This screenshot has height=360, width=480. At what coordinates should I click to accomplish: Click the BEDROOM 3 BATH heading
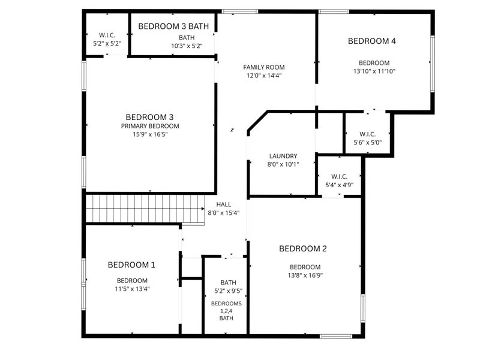(x=173, y=26)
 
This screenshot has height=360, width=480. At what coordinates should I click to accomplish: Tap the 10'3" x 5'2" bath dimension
(x=187, y=46)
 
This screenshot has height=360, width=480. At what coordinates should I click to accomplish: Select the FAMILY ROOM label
(x=264, y=67)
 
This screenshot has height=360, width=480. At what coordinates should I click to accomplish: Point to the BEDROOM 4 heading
(x=372, y=41)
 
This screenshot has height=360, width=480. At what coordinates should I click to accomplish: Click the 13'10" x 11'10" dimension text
(x=374, y=71)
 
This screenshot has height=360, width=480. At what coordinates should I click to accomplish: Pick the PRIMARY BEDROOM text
(x=150, y=126)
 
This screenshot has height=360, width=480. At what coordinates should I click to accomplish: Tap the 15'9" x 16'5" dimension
(x=150, y=134)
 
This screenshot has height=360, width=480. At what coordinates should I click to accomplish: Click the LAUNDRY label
(x=283, y=156)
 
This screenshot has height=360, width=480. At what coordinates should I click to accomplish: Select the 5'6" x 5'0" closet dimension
(x=368, y=142)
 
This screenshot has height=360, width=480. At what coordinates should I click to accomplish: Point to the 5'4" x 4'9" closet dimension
(x=339, y=185)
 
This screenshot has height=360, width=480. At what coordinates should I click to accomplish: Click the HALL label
(x=224, y=205)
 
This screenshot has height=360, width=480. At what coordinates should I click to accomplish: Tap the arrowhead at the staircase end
(x=203, y=209)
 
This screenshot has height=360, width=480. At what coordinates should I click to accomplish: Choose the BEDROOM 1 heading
(x=131, y=265)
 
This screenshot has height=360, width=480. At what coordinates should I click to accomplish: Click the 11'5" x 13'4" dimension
(x=132, y=289)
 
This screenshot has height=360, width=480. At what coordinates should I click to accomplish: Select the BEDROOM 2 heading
(x=303, y=248)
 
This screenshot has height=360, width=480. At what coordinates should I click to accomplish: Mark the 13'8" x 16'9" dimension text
(x=305, y=275)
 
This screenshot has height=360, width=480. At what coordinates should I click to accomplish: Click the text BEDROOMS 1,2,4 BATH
(x=226, y=311)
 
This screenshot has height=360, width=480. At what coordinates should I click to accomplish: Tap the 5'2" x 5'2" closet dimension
(x=107, y=43)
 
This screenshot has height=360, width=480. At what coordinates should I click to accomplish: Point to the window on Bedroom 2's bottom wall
(x=336, y=337)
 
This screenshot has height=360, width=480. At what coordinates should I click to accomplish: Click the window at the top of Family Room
(x=240, y=11)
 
